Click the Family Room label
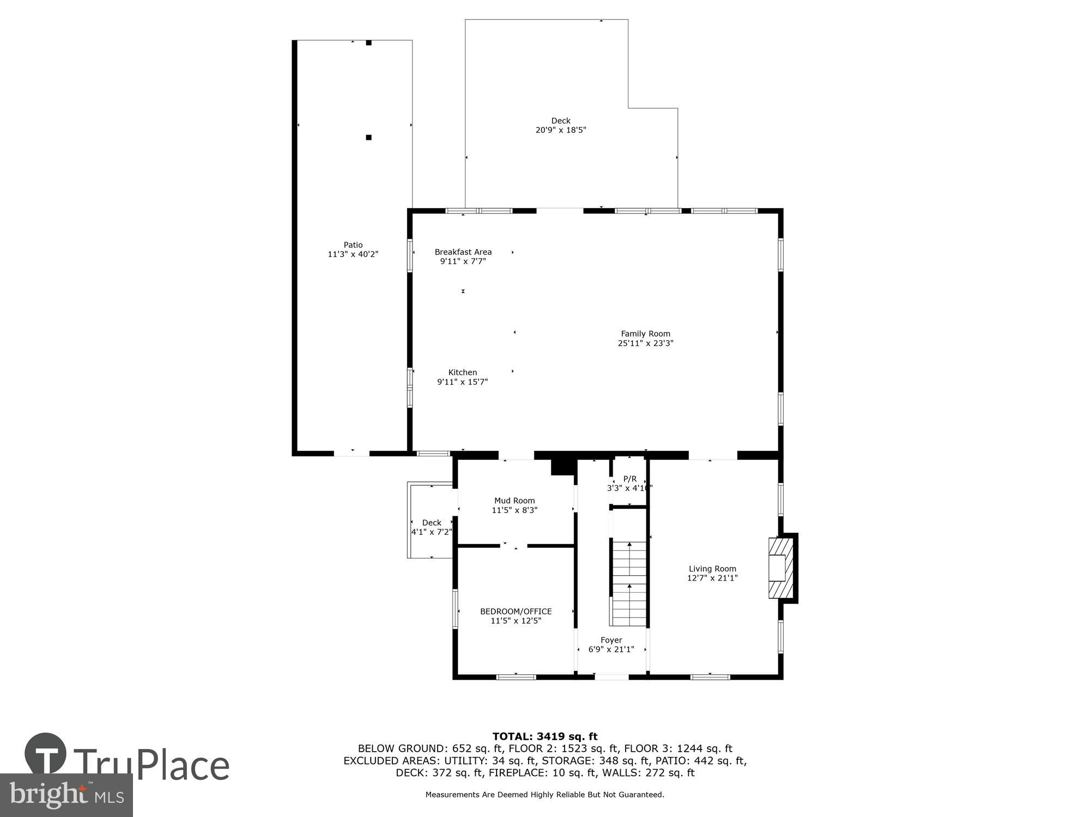click(x=645, y=334)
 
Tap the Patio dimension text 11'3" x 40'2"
click(x=353, y=254)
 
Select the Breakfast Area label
click(x=463, y=252)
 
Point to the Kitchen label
click(x=462, y=373)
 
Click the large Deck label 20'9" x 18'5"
click(x=560, y=126)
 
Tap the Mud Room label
click(x=514, y=501)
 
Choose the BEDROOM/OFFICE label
click(x=516, y=611)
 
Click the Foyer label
click(x=611, y=640)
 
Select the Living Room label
click(x=712, y=569)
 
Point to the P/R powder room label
click(x=629, y=479)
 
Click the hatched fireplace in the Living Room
click(x=780, y=568)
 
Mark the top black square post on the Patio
click(x=368, y=42)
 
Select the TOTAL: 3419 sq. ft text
click(x=544, y=736)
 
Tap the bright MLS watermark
click(x=66, y=795)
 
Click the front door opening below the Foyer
click(x=611, y=677)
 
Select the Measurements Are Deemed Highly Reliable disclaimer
click(x=544, y=795)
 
